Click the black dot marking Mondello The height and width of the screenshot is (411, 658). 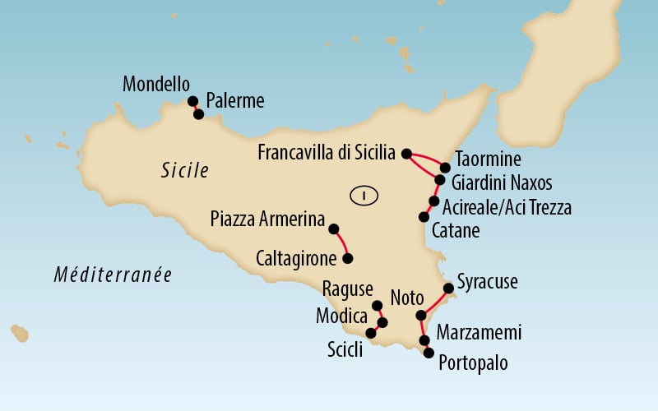193,101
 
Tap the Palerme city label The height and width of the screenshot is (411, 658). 235,101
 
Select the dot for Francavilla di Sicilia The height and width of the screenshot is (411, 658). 405,153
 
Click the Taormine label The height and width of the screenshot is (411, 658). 488,159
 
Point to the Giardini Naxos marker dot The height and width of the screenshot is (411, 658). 440,180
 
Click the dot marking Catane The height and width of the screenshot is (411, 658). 424,217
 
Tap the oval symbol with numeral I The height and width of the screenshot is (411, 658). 364,196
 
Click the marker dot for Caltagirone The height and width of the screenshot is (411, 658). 347,258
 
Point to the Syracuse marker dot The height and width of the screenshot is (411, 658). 448,288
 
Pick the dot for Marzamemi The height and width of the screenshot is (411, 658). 424,339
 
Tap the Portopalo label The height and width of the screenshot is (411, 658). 473,362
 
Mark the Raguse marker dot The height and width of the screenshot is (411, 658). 378,306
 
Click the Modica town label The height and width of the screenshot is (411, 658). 341,316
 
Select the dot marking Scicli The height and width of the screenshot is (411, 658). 371,333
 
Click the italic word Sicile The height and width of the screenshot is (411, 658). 184,171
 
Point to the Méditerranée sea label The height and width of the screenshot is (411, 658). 113,275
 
